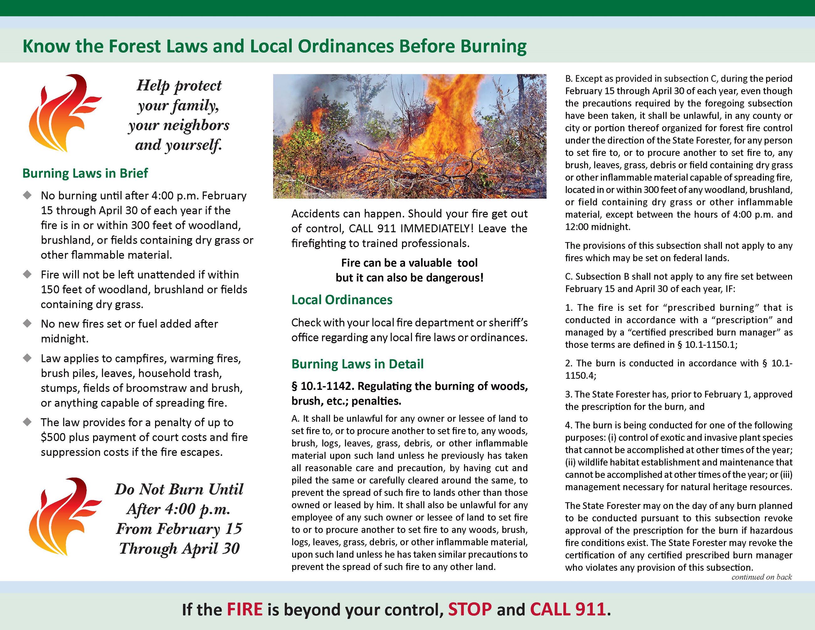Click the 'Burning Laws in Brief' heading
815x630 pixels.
(x=85, y=173)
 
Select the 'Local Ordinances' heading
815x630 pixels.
(x=342, y=300)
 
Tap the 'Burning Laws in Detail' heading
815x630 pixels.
(x=357, y=364)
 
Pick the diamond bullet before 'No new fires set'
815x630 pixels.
(x=27, y=323)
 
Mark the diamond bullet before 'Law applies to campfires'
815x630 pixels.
(x=27, y=358)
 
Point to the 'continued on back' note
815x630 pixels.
(x=762, y=577)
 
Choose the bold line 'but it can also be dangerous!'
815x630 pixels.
(x=409, y=278)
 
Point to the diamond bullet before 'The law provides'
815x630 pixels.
(x=27, y=422)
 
